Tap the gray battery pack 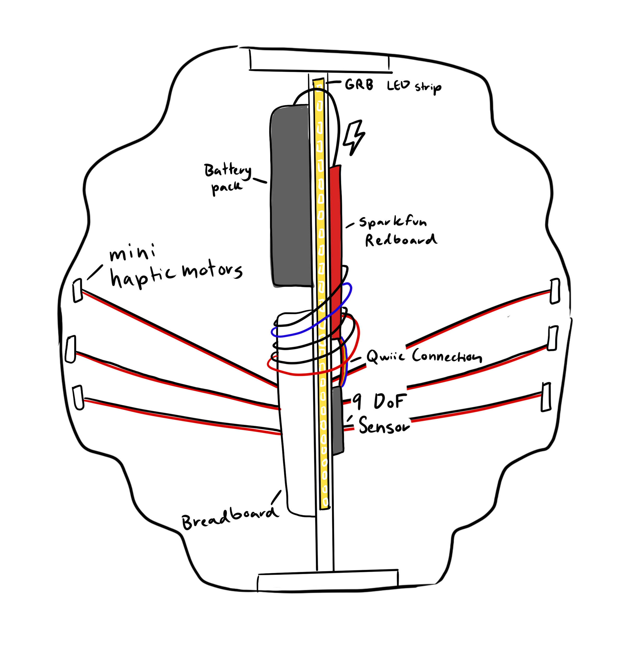pos(291,197)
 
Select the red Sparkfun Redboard pos(336,237)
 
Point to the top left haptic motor pos(78,290)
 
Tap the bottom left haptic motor pos(78,397)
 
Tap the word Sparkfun pos(392,222)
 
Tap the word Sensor pos(384,425)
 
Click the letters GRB pos(359,84)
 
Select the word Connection pos(447,356)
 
